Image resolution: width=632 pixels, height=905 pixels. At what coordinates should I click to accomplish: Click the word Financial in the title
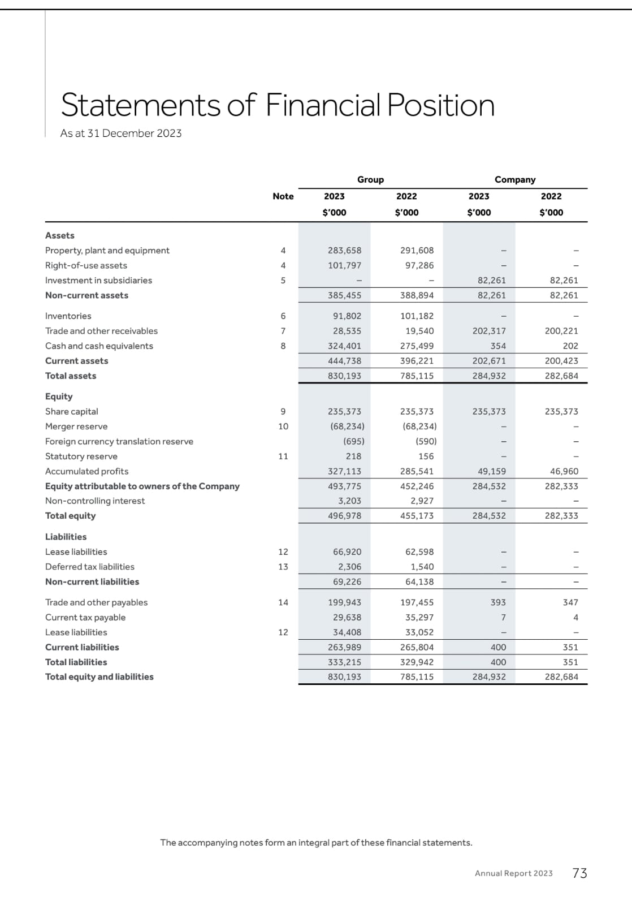click(x=323, y=105)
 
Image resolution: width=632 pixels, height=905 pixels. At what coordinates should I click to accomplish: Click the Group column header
click(x=370, y=179)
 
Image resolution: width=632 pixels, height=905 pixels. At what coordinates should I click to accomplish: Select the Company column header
click(x=514, y=179)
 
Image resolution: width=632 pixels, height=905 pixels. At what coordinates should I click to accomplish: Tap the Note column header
click(x=283, y=196)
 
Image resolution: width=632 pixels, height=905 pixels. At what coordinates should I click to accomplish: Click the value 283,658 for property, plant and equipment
click(x=344, y=251)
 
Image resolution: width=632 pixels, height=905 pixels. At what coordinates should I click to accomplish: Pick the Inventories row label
click(x=68, y=316)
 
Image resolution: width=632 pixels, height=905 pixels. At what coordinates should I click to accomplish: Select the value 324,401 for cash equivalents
click(x=344, y=346)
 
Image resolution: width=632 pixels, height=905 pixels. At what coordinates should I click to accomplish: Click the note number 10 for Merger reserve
click(x=283, y=426)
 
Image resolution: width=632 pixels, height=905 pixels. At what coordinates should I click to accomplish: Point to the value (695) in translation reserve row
click(x=353, y=442)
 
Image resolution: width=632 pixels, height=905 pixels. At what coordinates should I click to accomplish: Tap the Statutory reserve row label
click(x=81, y=456)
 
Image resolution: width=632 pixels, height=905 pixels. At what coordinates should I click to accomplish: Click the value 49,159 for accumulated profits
click(x=489, y=471)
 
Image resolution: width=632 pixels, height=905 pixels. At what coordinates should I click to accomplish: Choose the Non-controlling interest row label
click(x=95, y=501)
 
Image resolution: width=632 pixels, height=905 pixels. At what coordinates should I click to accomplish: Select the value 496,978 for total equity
click(x=344, y=516)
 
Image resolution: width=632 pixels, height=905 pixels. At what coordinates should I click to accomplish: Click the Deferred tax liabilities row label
click(x=90, y=567)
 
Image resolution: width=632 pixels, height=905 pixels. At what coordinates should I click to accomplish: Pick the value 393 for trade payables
click(x=498, y=602)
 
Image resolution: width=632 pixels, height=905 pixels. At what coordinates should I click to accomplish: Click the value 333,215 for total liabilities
click(x=344, y=662)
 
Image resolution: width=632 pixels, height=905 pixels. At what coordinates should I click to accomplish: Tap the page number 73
click(x=579, y=873)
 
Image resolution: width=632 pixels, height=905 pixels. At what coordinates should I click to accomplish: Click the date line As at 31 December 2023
click(x=121, y=133)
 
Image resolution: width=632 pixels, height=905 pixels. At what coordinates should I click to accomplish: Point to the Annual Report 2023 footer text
click(x=513, y=873)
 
